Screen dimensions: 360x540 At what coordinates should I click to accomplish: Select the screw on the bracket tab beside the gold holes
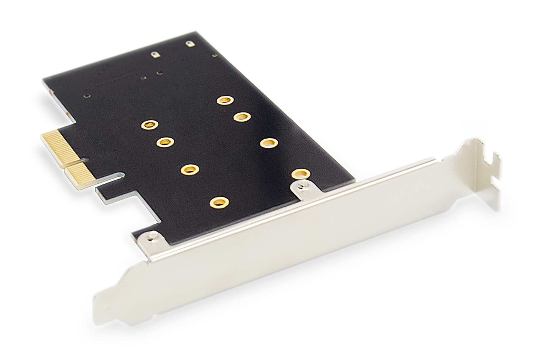click(301, 185)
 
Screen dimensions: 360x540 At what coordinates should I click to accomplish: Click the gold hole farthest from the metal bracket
click(225, 100)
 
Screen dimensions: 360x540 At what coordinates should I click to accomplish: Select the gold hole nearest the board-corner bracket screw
click(220, 202)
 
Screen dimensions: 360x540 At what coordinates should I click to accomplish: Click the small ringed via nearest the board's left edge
click(87, 96)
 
